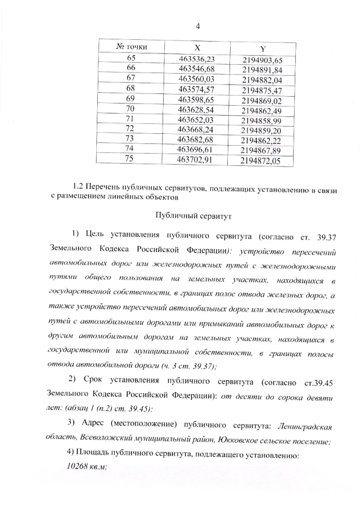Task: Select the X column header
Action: [x=196, y=48]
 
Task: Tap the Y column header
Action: [x=262, y=49]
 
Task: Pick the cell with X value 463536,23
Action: [x=197, y=59]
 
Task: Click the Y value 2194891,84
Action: [x=262, y=70]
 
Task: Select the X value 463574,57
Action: [x=197, y=89]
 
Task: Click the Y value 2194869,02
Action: [x=262, y=101]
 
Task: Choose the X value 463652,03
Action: [x=196, y=119]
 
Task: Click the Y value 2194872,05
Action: [x=260, y=161]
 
